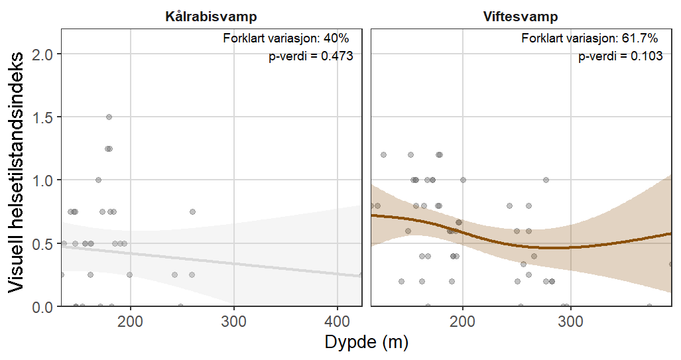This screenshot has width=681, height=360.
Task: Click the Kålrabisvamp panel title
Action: (x=211, y=17)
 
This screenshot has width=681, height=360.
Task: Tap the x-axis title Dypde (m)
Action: (x=366, y=343)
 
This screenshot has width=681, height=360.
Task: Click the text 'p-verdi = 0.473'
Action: (x=310, y=57)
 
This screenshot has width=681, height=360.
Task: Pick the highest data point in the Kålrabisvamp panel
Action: (x=109, y=117)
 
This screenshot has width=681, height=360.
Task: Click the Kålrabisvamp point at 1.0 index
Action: (x=98, y=180)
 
